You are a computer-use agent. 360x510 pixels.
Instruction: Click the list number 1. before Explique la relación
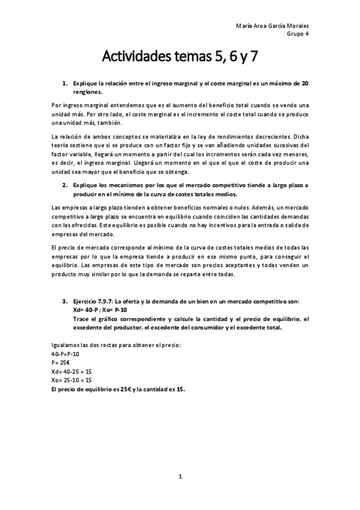65,82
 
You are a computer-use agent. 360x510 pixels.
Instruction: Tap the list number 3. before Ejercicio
65,301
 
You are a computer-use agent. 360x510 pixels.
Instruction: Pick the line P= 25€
60,363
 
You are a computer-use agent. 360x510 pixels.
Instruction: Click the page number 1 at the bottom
180,476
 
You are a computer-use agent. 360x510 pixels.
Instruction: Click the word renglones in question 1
87,93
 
